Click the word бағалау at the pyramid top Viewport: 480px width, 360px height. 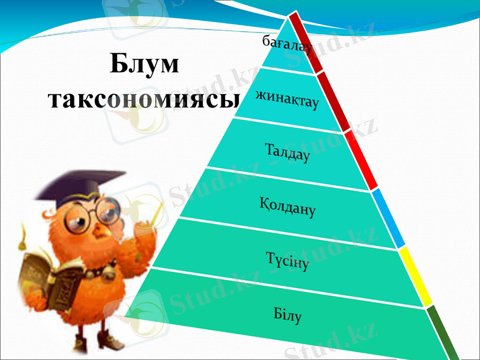point(287,44)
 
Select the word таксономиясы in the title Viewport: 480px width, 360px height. point(143,100)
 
